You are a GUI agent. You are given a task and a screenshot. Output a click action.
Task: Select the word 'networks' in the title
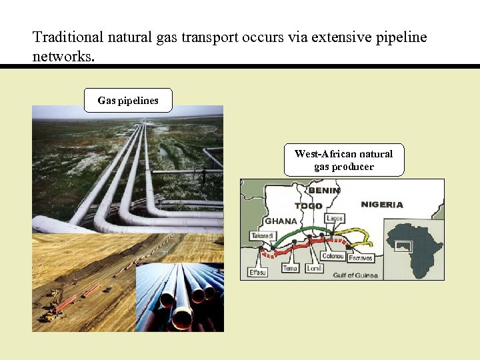63,56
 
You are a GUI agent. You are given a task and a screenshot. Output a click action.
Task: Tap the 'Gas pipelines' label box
128,101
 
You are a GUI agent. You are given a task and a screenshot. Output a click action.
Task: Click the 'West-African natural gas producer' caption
344,160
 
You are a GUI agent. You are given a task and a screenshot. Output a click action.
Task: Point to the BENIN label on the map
324,190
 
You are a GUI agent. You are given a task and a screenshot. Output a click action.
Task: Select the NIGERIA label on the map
381,204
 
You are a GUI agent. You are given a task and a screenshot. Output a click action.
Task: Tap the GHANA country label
281,221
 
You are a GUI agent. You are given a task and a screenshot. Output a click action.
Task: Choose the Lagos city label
335,219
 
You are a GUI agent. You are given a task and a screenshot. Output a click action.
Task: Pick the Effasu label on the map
257,272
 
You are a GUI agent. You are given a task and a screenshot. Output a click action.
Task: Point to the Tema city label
290,268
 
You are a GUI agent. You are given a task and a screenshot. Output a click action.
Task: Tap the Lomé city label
314,268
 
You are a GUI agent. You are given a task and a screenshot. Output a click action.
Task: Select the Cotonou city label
333,256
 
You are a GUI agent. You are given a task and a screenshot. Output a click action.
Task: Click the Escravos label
361,258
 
